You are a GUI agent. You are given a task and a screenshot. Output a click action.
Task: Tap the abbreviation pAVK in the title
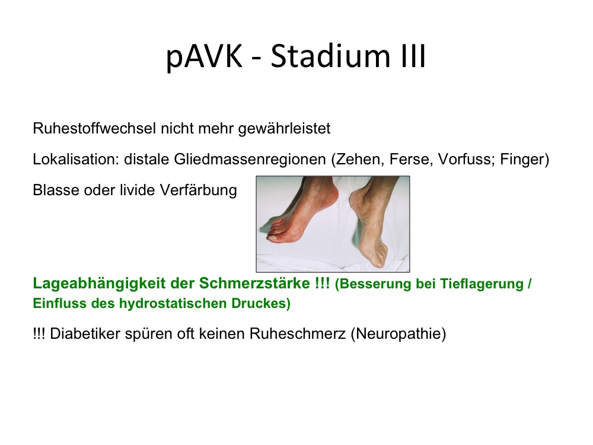pyautogui.click(x=204, y=58)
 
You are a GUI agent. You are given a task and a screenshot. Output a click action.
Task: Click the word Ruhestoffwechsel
pyautogui.click(x=94, y=128)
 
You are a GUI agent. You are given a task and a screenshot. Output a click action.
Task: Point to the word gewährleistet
pyautogui.click(x=285, y=129)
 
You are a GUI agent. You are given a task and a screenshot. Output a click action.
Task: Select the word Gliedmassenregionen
pyautogui.click(x=250, y=159)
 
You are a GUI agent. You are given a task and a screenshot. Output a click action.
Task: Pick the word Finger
pyautogui.click(x=521, y=159)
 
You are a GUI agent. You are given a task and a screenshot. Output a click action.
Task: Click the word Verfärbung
pyautogui.click(x=199, y=190)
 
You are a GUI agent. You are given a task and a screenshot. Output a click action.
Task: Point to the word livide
pyautogui.click(x=138, y=190)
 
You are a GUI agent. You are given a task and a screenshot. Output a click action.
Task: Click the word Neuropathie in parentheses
pyautogui.click(x=398, y=334)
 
